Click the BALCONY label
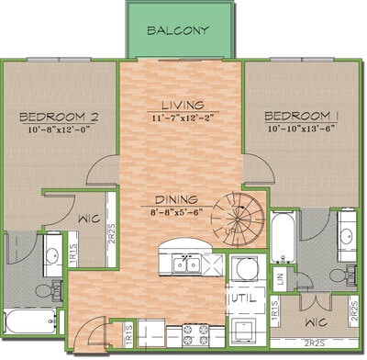(180, 29)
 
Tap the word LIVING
(181, 105)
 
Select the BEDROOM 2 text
(58, 117)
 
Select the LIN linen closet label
(280, 276)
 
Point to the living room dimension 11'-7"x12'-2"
(181, 118)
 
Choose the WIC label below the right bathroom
(312, 321)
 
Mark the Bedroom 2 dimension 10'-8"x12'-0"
(58, 129)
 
